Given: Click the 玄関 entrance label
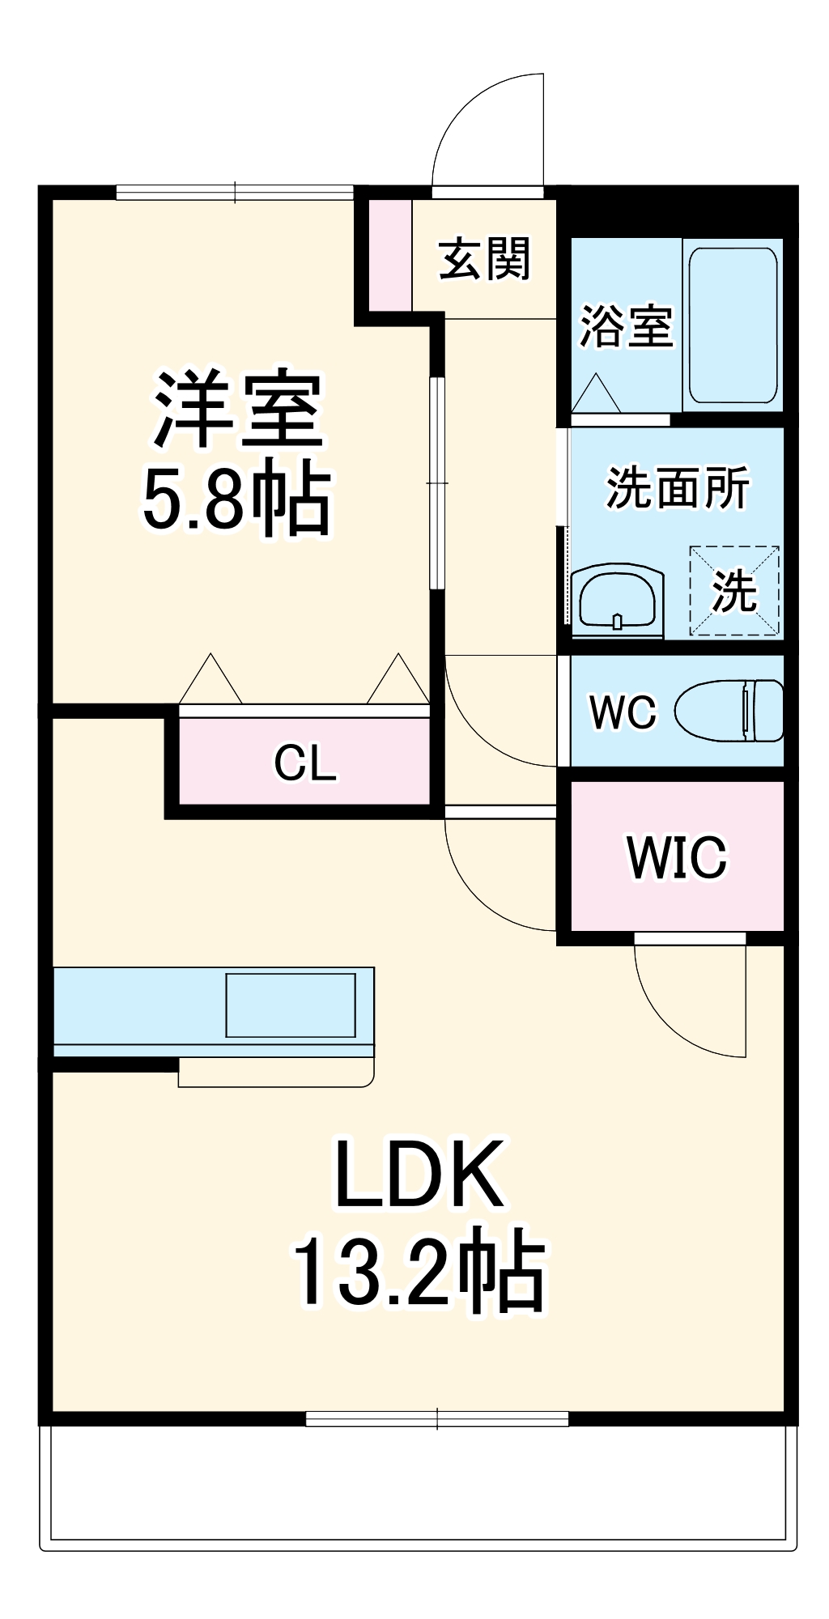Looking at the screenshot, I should pyautogui.click(x=484, y=259).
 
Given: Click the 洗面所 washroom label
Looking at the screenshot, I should pyautogui.click(x=677, y=488).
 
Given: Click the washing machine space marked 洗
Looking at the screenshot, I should pyautogui.click(x=734, y=591).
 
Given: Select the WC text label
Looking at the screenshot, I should pyautogui.click(x=622, y=712).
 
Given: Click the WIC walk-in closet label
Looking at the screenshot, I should pyautogui.click(x=677, y=856).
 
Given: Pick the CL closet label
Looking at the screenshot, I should pyautogui.click(x=304, y=763).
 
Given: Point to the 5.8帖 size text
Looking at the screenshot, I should pyautogui.click(x=236, y=499).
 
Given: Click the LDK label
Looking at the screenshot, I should pyautogui.click(x=419, y=1174).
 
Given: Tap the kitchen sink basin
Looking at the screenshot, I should pyautogui.click(x=290, y=1005).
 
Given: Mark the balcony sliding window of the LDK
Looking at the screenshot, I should pyautogui.click(x=437, y=1417).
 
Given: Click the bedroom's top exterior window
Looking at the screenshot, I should pyautogui.click(x=235, y=193).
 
